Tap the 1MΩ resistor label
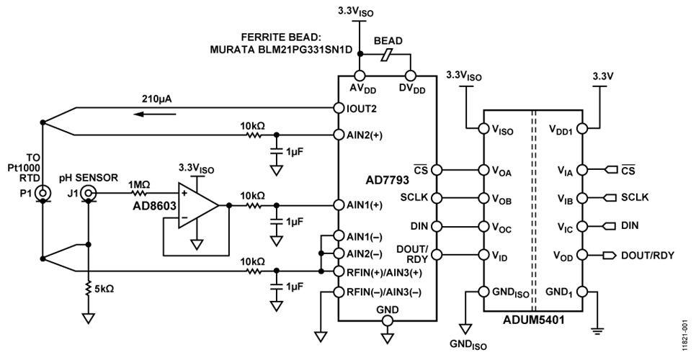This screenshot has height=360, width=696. (x=138, y=184)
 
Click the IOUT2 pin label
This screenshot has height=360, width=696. (x=363, y=109)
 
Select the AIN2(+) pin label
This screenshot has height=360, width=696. (x=367, y=135)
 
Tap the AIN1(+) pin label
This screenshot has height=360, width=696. (x=367, y=204)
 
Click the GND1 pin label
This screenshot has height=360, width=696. (x=559, y=292)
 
